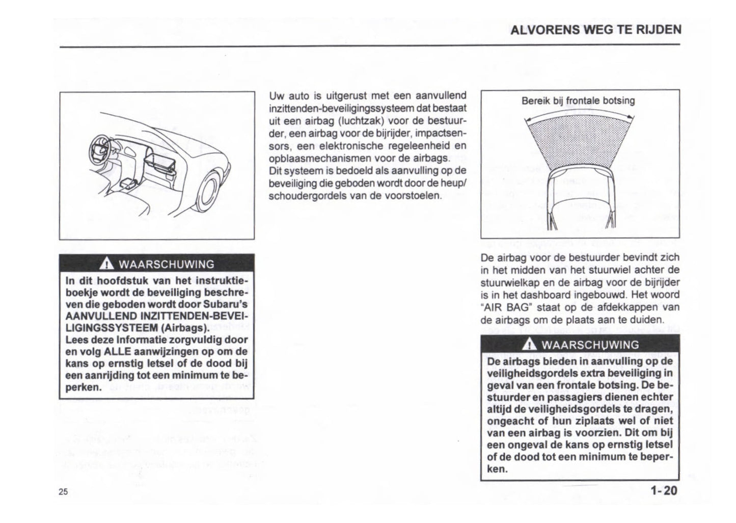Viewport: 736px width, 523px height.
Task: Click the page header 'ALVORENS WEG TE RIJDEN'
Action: [x=595, y=30]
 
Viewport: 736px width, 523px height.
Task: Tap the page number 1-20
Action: [x=664, y=491]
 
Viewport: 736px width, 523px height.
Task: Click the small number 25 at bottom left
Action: [x=63, y=492]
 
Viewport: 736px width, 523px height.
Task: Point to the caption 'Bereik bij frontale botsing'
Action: [x=578, y=101]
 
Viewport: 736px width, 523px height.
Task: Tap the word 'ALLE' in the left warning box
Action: [x=118, y=352]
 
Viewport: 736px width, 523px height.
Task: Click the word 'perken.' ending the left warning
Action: [x=84, y=387]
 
